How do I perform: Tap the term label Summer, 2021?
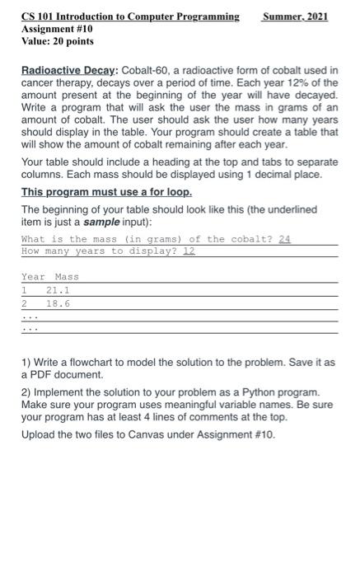pyautogui.click(x=293, y=16)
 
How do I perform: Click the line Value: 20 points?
pyautogui.click(x=57, y=40)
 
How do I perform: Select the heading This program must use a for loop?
pyautogui.click(x=106, y=192)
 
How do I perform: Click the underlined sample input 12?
pyautogui.click(x=189, y=251)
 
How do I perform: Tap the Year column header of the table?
pyautogui.click(x=32, y=277)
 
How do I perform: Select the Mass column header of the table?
pyautogui.click(x=67, y=277)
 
